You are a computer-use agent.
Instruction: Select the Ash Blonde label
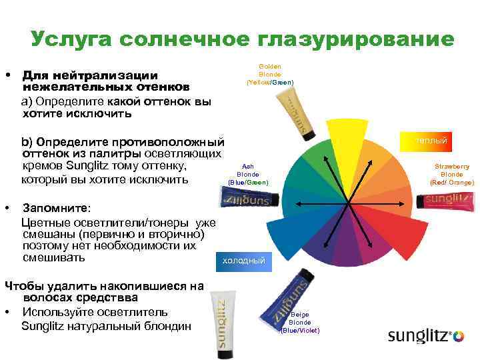[248, 175]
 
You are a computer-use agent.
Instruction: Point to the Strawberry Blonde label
[452, 174]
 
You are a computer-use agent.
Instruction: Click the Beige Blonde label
[300, 323]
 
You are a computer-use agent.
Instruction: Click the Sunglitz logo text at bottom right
[420, 336]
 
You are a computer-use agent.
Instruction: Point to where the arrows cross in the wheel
[347, 201]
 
